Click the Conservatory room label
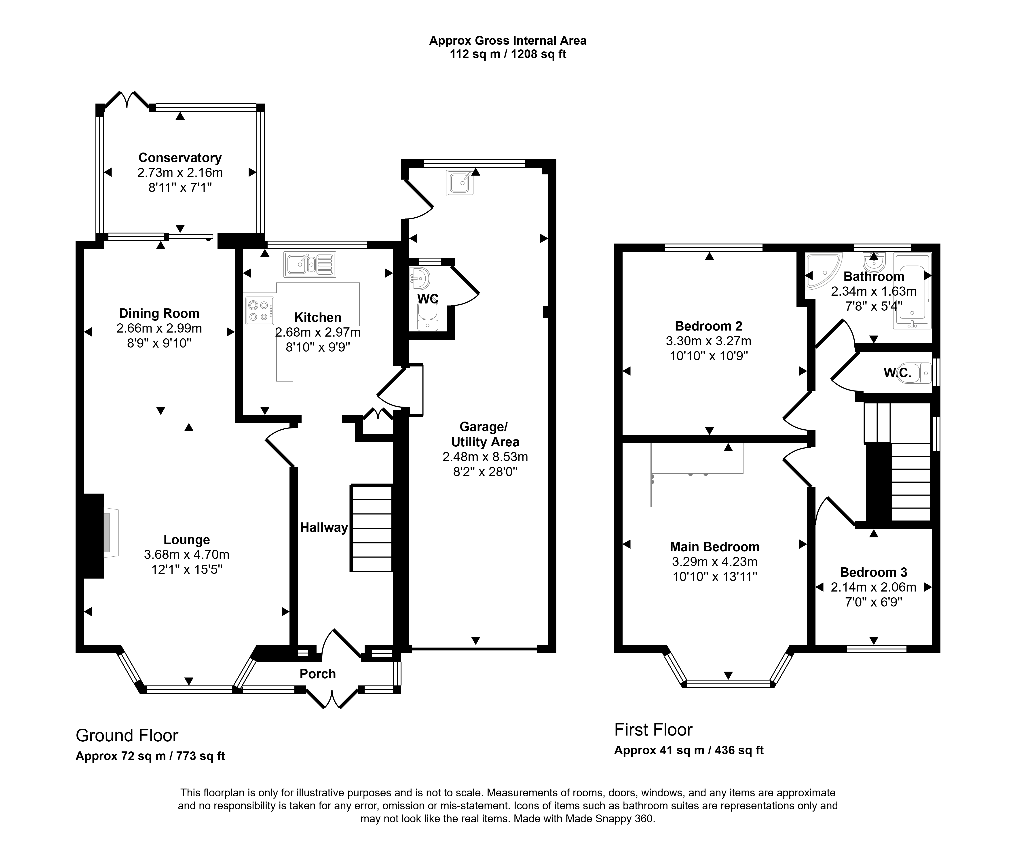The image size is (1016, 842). [180, 158]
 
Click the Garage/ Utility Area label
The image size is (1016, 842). [485, 434]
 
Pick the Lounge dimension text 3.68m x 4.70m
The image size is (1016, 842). [187, 555]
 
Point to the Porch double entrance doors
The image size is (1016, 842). [332, 699]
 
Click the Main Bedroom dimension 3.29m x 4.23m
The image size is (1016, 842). [715, 562]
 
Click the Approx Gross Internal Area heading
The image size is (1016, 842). [508, 41]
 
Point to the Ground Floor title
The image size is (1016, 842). [127, 736]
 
